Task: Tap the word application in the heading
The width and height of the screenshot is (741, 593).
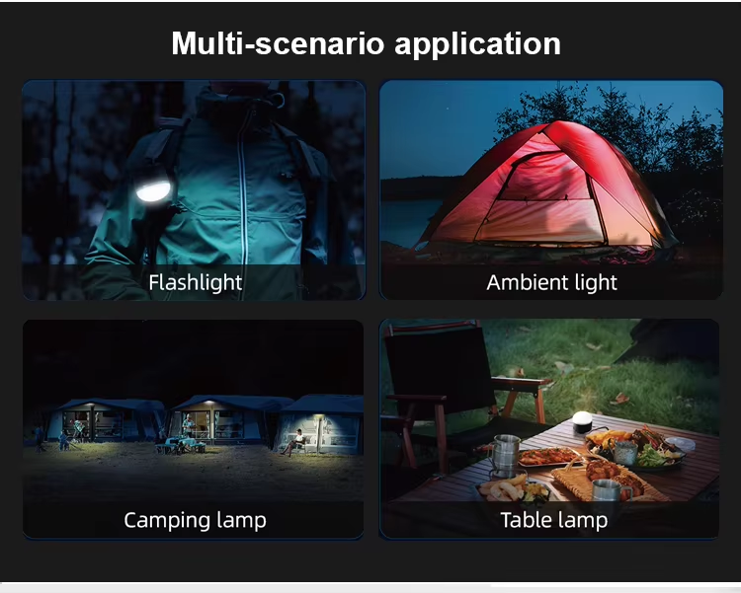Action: pos(477,44)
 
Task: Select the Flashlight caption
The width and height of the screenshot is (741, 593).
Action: pos(196,282)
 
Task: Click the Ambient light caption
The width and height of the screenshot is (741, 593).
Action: pos(551,282)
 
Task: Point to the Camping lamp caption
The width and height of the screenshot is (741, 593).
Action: pos(196,520)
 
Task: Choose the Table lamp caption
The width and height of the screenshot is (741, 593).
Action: pos(554,520)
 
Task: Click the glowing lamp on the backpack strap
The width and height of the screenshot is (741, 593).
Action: pos(153,190)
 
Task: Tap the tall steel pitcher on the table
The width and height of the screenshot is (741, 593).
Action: pos(506,455)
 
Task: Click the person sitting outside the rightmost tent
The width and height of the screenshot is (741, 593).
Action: pos(294,442)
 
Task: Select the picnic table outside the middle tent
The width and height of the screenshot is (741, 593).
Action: pos(180,445)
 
